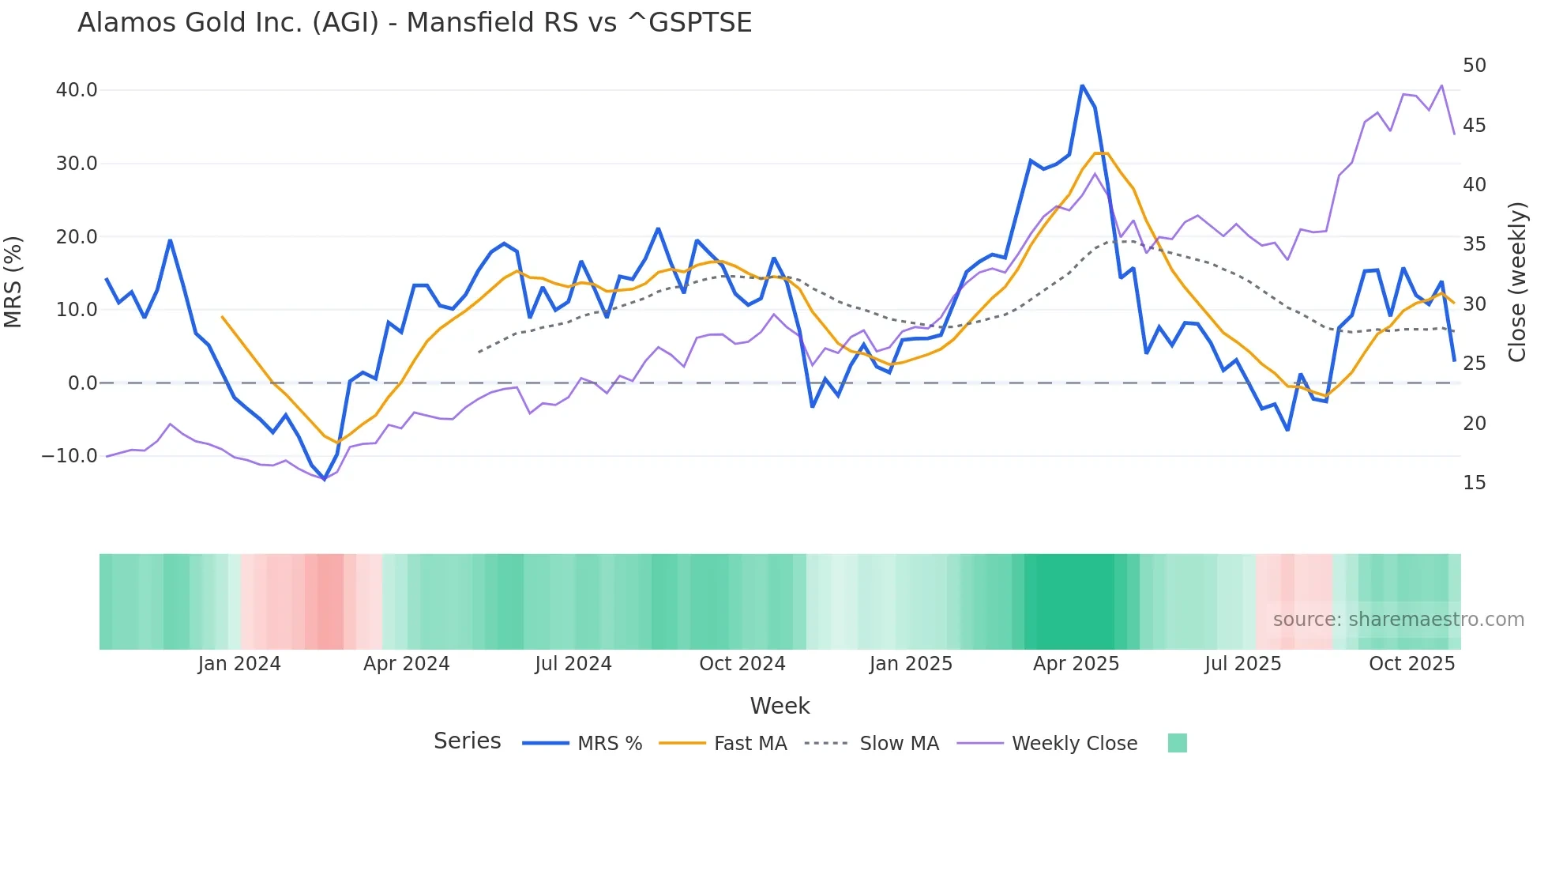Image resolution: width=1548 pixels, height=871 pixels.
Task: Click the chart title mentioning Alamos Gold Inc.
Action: (x=414, y=23)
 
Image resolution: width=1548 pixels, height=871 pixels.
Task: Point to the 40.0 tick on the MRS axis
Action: (x=77, y=90)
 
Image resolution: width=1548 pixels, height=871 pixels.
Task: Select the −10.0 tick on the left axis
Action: (x=70, y=456)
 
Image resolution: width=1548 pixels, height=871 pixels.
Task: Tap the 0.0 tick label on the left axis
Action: (x=82, y=383)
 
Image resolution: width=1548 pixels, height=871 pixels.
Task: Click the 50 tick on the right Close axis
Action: (x=1474, y=66)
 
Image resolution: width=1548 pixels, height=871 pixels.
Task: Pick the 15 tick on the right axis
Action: (x=1474, y=483)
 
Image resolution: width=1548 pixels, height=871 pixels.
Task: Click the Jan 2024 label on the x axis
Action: (x=239, y=664)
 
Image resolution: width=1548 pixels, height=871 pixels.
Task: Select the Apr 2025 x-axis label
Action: (x=1076, y=664)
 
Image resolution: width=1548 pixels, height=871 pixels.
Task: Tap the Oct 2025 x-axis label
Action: (x=1411, y=664)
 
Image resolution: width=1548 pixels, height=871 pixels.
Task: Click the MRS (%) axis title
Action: (x=13, y=282)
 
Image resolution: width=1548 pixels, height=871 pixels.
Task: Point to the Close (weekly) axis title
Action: (x=1517, y=282)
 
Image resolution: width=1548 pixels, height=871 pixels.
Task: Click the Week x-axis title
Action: (x=780, y=706)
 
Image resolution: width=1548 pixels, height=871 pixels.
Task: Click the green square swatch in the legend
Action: (x=1177, y=744)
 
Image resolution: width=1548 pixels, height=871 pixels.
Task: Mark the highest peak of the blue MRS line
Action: (x=1082, y=85)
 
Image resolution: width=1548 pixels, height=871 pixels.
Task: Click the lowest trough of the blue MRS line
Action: (x=325, y=479)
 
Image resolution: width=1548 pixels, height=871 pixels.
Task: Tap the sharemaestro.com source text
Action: (x=1398, y=620)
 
